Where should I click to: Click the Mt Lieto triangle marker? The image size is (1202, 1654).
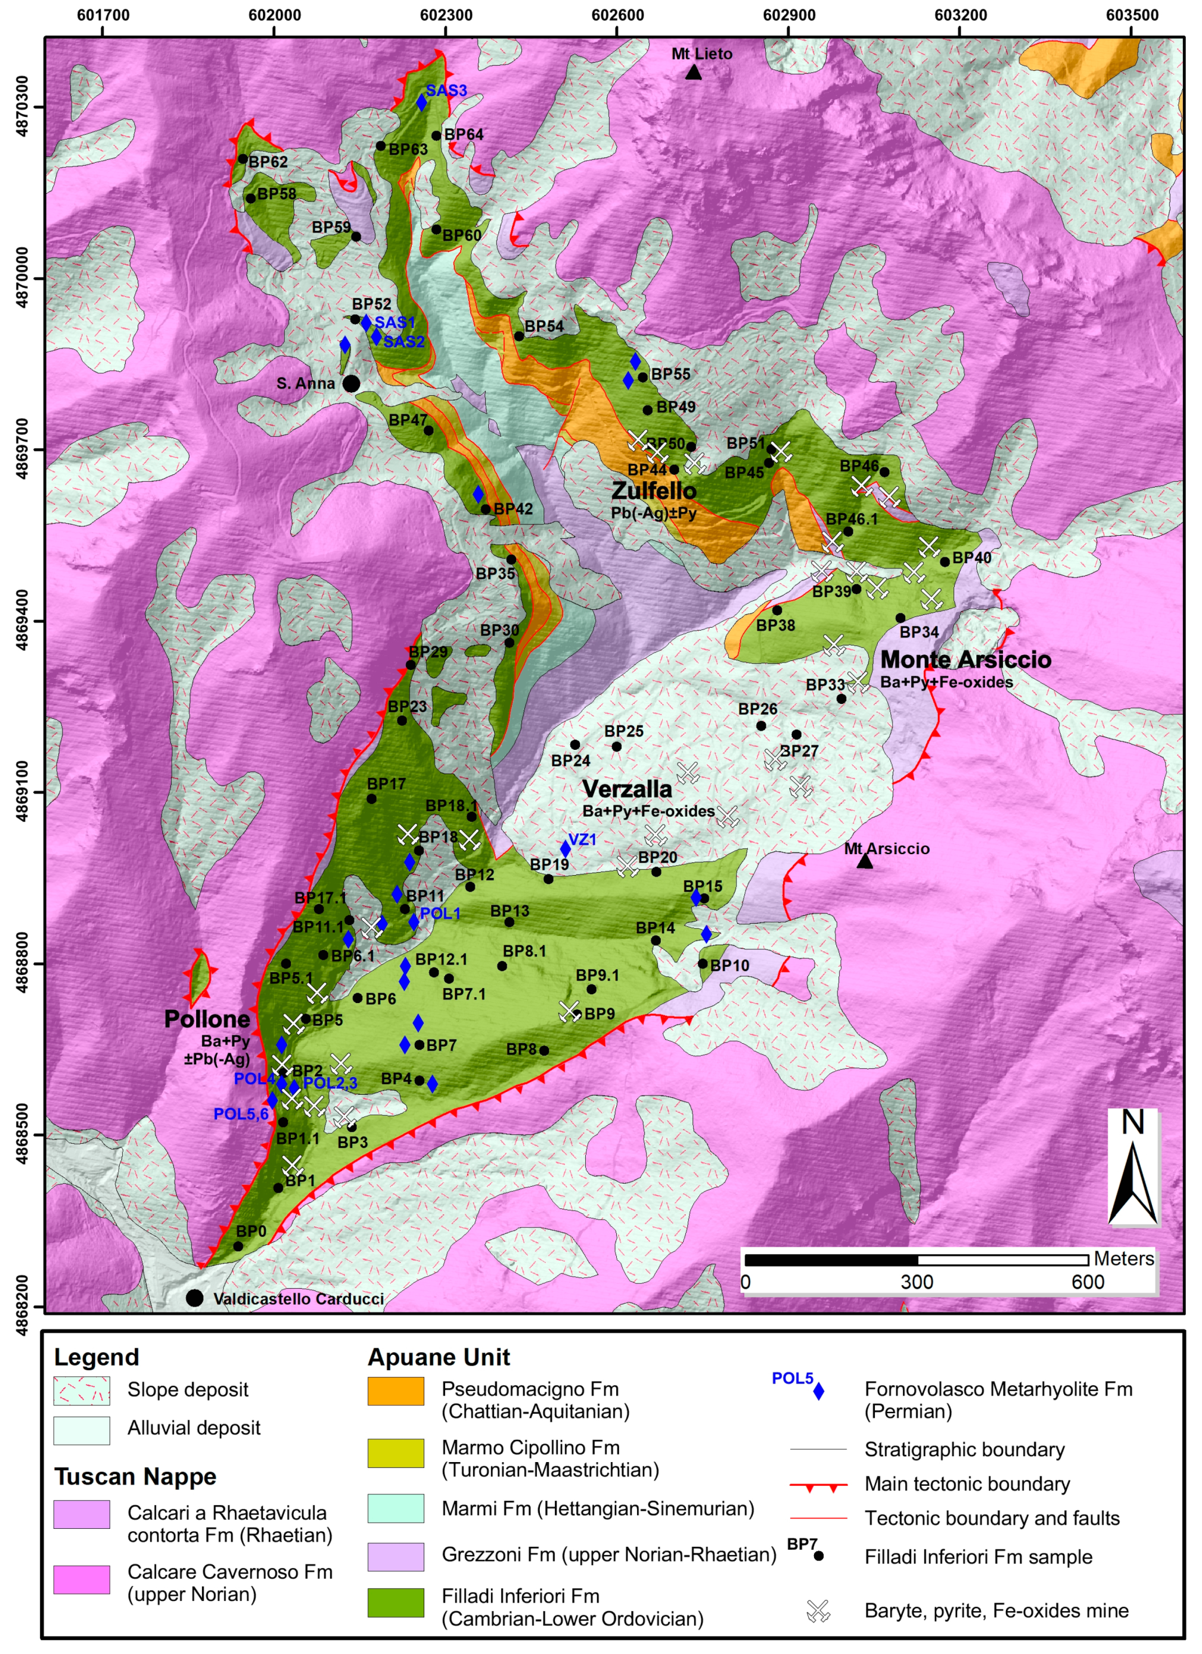(693, 72)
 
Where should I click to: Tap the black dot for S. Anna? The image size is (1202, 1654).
(351, 384)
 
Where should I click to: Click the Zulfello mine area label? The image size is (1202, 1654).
(654, 491)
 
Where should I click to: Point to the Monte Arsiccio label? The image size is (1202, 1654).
(965, 660)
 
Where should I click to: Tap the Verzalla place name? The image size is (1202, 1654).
(628, 789)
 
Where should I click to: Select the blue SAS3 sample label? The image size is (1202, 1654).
(446, 91)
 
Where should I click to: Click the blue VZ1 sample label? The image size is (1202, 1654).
(582, 839)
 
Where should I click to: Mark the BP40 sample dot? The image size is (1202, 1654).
(945, 561)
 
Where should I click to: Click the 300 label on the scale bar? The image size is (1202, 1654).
(917, 1283)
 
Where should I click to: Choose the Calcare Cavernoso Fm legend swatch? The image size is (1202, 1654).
(82, 1579)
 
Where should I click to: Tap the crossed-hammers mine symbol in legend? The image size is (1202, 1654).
(818, 1610)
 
